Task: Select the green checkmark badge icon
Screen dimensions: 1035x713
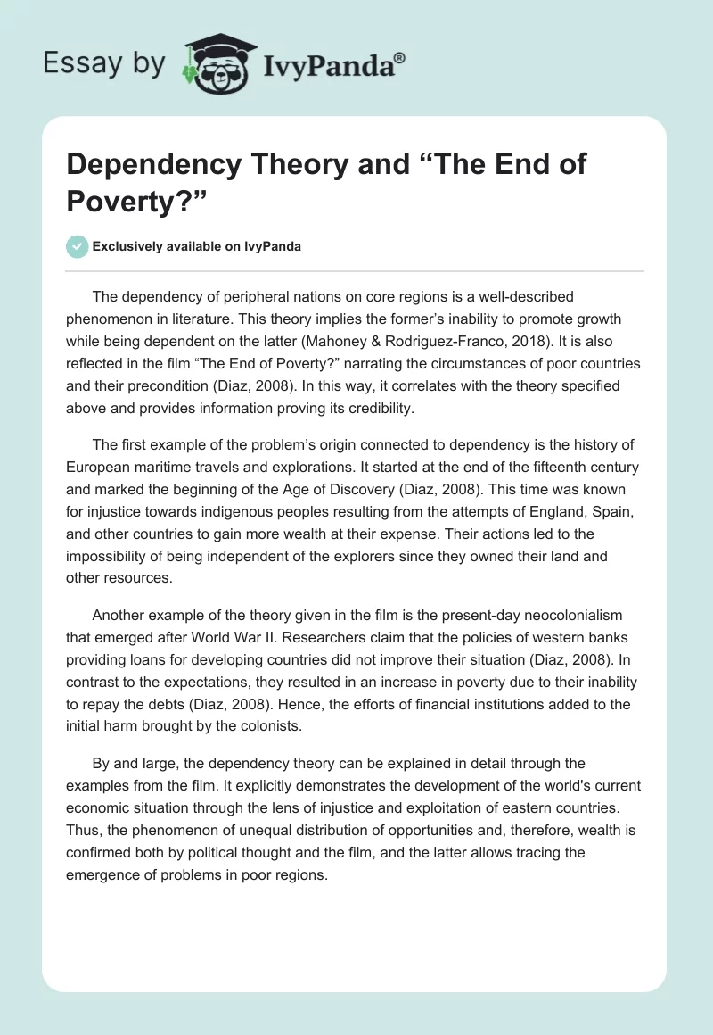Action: click(x=78, y=246)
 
